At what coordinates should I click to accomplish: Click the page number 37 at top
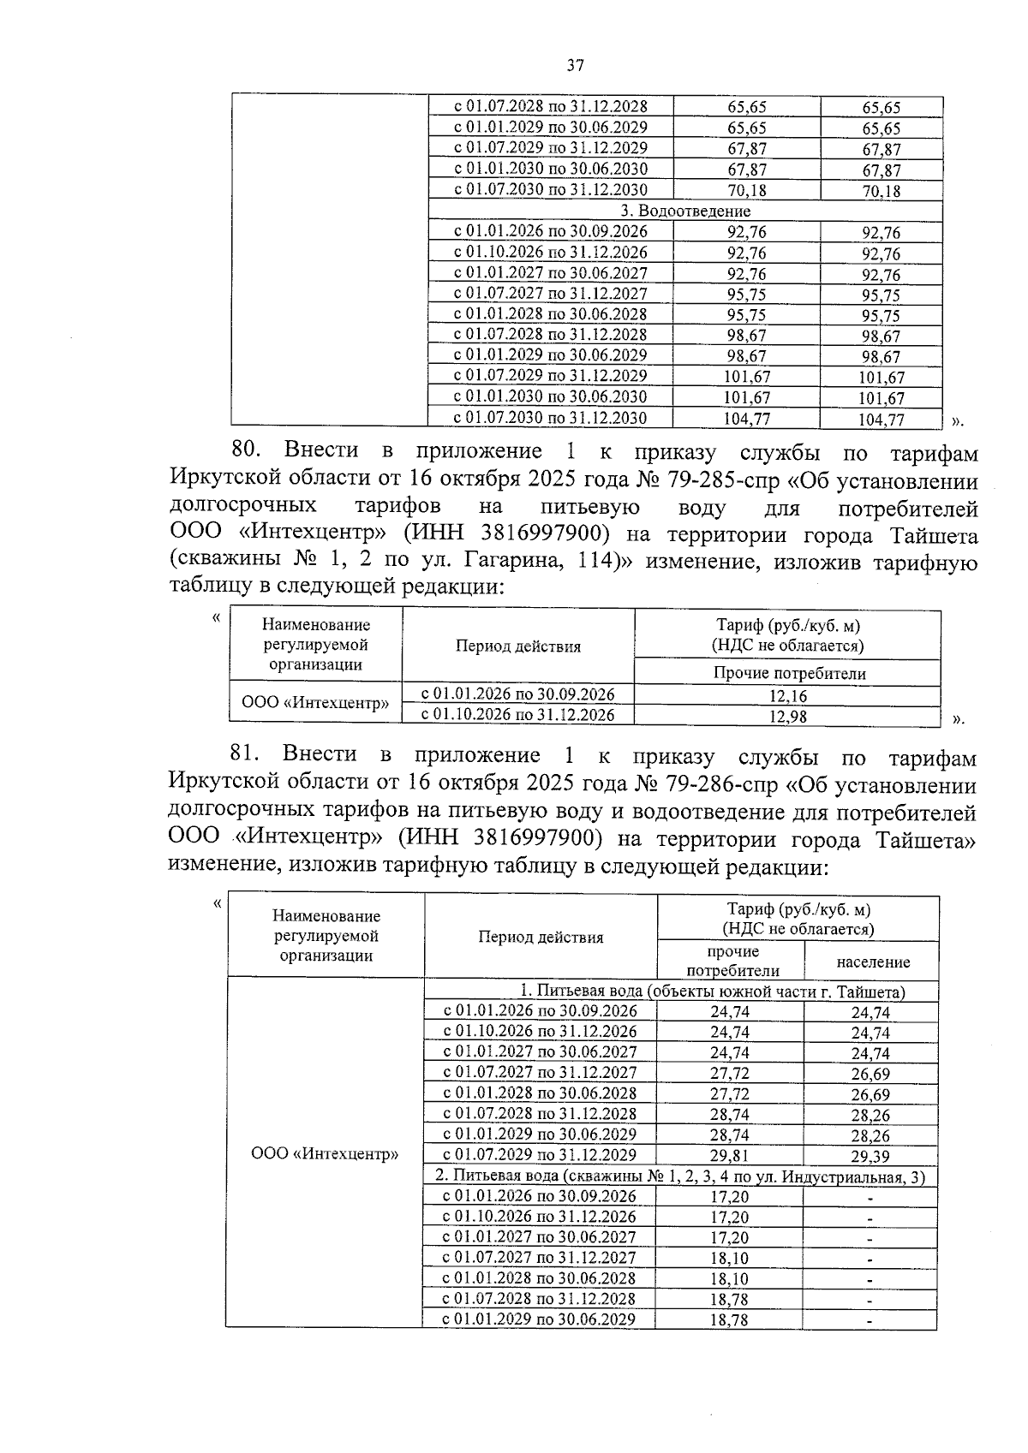[x=575, y=65]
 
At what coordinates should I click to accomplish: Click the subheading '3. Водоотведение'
[x=685, y=211]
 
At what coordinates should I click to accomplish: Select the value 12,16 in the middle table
[x=787, y=696]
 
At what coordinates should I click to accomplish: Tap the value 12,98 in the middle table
[x=787, y=717]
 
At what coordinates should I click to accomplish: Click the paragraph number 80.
[x=251, y=450]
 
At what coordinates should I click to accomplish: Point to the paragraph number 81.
[x=250, y=754]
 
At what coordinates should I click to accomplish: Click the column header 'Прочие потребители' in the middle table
[x=789, y=673]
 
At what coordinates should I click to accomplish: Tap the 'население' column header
[x=873, y=962]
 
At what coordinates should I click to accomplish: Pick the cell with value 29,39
[x=870, y=1157]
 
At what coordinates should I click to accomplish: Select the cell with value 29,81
[x=729, y=1156]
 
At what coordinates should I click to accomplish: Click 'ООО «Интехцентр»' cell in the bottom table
[x=325, y=1154]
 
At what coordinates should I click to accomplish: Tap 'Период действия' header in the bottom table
[x=541, y=937]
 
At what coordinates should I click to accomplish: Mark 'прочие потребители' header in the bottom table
[x=732, y=961]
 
